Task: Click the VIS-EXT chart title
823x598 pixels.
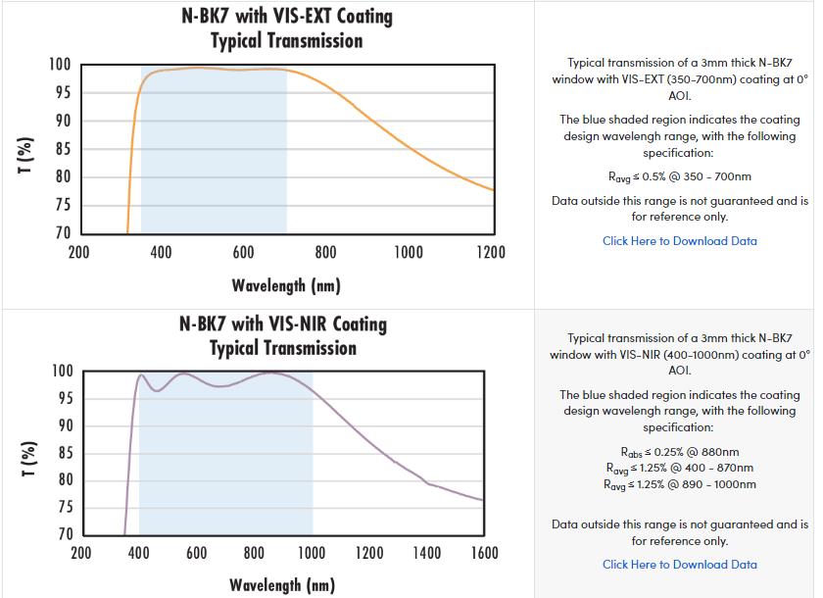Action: coord(286,28)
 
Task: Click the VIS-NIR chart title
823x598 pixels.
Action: coord(284,335)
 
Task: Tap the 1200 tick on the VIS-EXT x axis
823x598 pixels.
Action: coord(489,253)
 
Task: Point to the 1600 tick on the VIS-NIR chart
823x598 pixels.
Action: coord(484,554)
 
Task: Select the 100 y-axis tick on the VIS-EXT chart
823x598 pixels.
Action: coord(60,65)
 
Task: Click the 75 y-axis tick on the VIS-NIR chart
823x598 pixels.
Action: coord(63,507)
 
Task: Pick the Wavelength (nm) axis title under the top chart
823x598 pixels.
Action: coord(286,286)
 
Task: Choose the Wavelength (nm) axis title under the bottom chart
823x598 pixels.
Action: coord(282,585)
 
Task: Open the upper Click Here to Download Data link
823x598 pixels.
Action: coord(679,241)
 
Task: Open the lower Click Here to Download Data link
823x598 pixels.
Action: coord(679,565)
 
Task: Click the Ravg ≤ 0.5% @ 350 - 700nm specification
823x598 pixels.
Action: coord(679,177)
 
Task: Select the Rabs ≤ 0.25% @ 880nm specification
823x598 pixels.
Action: coord(679,452)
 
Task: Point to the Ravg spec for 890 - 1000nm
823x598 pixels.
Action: coord(679,484)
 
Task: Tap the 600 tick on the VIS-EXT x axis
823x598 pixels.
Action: coord(244,253)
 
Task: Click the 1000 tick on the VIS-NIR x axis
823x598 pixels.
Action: coord(312,554)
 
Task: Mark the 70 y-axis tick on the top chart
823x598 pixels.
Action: coord(62,233)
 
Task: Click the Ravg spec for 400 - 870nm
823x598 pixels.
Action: coord(679,468)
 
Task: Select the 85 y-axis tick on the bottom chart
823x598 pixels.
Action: coord(63,453)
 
